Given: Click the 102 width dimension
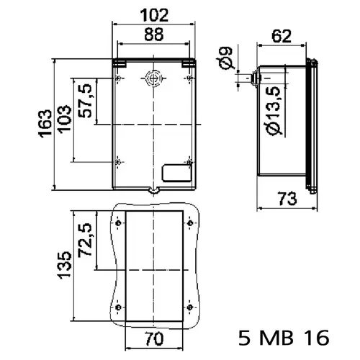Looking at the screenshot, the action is [154, 15].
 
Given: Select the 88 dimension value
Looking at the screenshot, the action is [154, 35].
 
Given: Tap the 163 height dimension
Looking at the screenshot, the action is [45, 124].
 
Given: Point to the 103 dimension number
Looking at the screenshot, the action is [65, 120].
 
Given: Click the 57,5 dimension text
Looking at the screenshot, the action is [85, 101].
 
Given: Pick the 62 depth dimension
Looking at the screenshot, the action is [282, 36].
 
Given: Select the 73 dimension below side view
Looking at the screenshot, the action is [288, 199].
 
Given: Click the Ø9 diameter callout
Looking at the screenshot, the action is [226, 58].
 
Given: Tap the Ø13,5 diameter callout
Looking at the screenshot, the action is [274, 111].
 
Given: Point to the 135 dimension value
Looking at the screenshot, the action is [65, 265].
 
